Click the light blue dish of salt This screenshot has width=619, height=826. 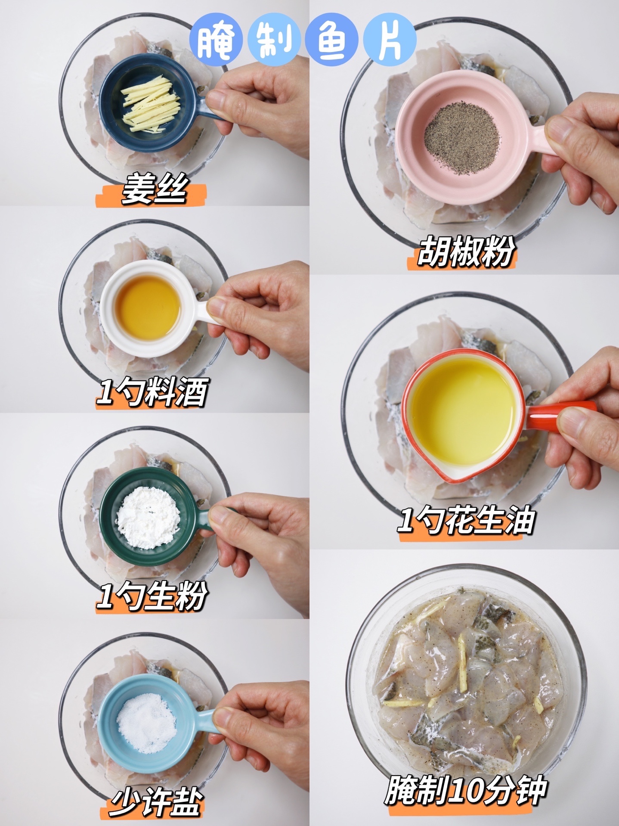point(149,724)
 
